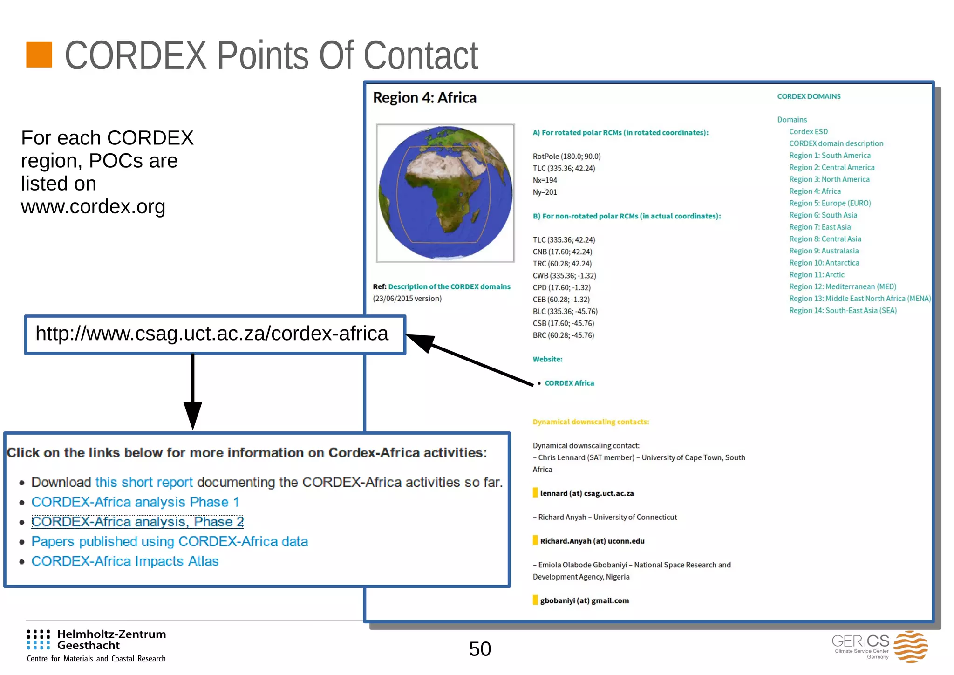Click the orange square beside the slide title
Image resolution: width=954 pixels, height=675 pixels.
(39, 55)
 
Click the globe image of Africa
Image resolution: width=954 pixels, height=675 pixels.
(445, 193)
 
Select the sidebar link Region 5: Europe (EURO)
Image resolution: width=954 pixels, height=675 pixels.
(830, 203)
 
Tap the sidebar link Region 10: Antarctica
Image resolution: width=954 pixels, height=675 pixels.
(824, 263)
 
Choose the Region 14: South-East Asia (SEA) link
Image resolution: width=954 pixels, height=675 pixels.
(842, 311)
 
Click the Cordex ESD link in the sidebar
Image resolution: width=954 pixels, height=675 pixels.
(808, 132)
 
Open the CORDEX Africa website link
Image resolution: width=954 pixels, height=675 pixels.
(569, 383)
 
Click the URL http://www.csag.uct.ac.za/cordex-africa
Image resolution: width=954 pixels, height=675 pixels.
(212, 334)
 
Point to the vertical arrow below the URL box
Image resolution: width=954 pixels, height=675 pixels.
(192, 391)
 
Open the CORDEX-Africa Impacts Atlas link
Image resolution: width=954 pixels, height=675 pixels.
(125, 561)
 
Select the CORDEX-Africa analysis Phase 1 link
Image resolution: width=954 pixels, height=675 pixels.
(135, 502)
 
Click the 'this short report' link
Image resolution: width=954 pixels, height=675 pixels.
(143, 483)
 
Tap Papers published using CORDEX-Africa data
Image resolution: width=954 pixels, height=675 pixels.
(170, 542)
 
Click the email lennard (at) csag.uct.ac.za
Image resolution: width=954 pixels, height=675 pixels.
(586, 494)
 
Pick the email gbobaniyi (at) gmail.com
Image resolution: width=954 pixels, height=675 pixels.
(584, 601)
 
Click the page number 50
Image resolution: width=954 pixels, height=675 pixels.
(480, 649)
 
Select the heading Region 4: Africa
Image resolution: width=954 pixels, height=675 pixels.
(424, 98)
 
